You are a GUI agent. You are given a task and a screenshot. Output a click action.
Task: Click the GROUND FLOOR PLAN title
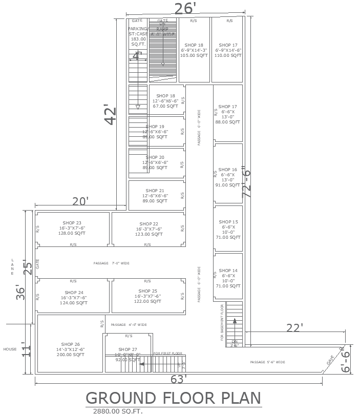tap(173, 398)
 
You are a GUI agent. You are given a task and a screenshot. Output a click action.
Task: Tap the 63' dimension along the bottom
tap(178, 380)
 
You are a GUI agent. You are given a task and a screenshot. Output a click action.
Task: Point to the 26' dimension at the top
tap(185, 9)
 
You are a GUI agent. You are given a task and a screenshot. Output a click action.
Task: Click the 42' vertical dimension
tap(111, 115)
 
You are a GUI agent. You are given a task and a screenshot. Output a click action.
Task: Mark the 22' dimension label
tap(294, 327)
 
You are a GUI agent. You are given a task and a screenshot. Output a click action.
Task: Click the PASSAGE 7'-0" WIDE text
tap(112, 263)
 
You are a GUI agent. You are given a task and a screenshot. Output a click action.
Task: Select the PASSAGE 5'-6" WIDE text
tap(268, 362)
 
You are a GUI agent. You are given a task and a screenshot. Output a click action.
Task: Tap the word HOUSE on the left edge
tap(10, 349)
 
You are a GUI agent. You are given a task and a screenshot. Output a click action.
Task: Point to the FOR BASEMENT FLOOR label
tap(222, 322)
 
